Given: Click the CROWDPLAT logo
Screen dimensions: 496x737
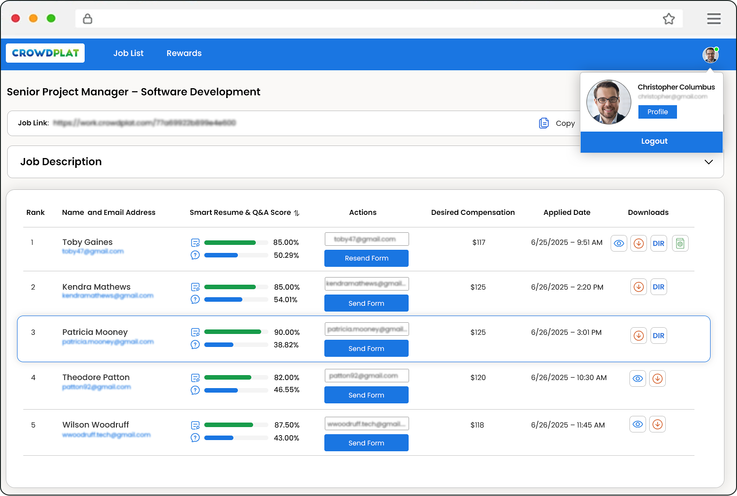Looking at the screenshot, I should tap(45, 53).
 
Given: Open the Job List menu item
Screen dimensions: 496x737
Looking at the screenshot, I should tap(128, 53).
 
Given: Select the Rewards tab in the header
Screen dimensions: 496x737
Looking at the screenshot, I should tap(184, 53).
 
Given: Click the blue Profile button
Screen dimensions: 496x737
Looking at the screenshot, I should tap(657, 112).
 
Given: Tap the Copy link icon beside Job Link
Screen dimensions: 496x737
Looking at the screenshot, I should tap(544, 123).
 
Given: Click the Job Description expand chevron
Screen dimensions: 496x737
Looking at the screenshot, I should tap(708, 162).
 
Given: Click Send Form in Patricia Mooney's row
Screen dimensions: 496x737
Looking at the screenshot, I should tap(366, 349).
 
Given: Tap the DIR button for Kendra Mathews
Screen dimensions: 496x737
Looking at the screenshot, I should tap(658, 287).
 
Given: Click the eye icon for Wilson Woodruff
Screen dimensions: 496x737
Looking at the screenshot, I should tap(638, 424).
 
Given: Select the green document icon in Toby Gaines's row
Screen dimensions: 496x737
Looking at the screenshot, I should tap(680, 244).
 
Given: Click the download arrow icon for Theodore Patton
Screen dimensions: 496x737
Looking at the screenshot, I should tap(657, 379).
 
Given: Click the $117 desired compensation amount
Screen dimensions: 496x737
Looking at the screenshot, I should tap(478, 243).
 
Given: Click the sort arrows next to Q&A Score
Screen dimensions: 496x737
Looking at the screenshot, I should tap(297, 213).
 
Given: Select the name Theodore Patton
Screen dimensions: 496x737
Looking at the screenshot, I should tap(96, 377).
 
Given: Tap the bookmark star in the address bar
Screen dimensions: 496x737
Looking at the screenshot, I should tap(668, 19).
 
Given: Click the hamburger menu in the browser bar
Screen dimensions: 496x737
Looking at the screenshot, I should tap(714, 19).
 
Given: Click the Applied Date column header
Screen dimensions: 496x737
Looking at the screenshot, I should tap(567, 213).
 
